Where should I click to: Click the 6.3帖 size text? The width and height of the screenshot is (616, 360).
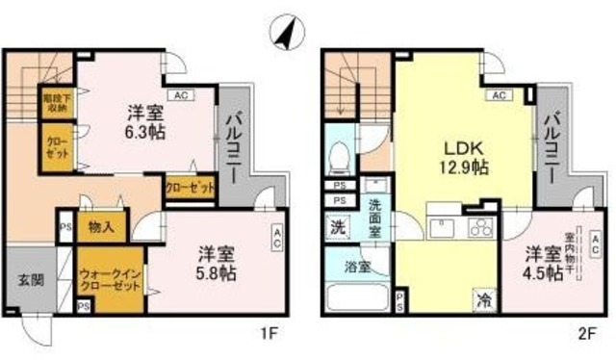141,131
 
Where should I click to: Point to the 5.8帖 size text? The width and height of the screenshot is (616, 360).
218,272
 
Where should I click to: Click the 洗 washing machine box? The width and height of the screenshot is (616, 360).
339,230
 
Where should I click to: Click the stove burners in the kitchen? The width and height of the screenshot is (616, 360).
477,227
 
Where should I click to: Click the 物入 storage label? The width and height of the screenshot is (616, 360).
100,228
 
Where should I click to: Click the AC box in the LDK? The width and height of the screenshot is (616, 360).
500,95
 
